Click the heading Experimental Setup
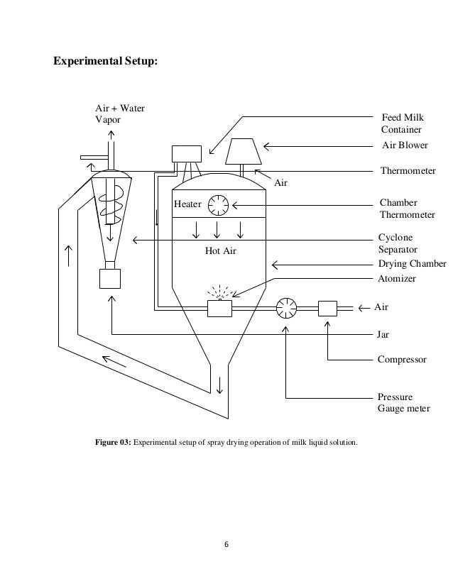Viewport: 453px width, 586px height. (107, 62)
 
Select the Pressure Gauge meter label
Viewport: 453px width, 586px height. (405, 403)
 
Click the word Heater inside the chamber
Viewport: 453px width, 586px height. (188, 204)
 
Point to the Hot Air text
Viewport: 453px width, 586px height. (220, 251)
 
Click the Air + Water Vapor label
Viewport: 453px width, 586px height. (119, 114)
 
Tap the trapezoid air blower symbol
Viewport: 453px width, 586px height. (243, 150)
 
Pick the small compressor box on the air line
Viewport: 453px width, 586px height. (327, 308)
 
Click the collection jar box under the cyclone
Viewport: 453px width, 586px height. (110, 277)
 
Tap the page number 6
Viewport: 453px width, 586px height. (226, 545)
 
